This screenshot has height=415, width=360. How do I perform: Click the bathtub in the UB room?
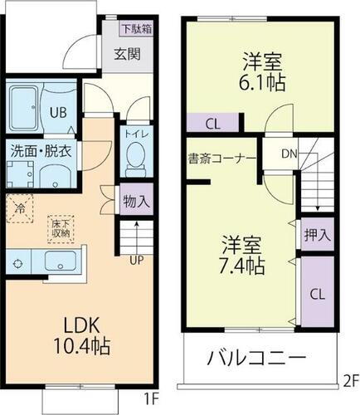27,105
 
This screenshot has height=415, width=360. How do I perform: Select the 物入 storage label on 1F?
136,200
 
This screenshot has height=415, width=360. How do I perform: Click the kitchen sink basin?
61,263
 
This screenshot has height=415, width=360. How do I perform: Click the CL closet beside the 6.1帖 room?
213,124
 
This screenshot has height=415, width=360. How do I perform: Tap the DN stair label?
289,153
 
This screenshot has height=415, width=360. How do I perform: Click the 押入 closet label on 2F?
318,234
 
